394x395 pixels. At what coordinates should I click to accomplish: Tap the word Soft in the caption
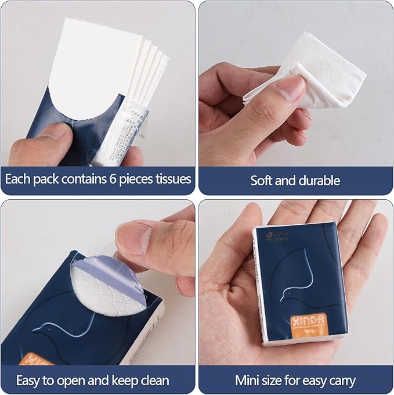261,180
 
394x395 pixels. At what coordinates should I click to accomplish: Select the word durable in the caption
319,180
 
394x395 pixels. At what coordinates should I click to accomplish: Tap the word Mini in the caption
247,381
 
